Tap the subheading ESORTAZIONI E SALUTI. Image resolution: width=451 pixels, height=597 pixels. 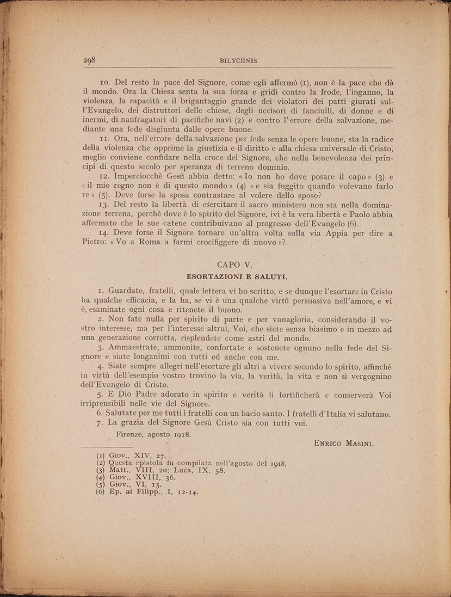[x=236, y=276]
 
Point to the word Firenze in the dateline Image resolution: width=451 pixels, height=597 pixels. [x=132, y=434]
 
